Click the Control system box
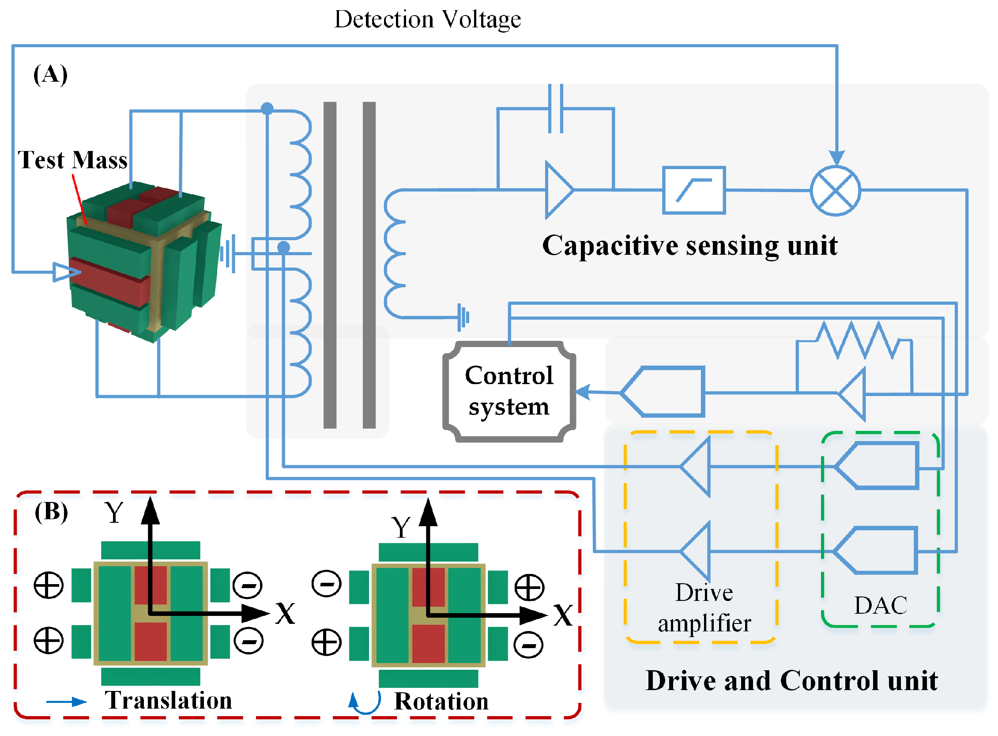(x=508, y=391)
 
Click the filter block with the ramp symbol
(x=693, y=190)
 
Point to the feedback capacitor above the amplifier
(x=555, y=109)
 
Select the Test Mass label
(x=72, y=160)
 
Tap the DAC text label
(x=880, y=605)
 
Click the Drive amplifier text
(x=704, y=608)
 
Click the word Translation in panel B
(x=168, y=700)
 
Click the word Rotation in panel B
(x=441, y=701)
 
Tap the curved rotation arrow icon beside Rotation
(x=364, y=702)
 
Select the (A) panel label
(x=50, y=74)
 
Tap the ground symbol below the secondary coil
(x=463, y=317)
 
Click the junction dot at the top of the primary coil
(x=267, y=108)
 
